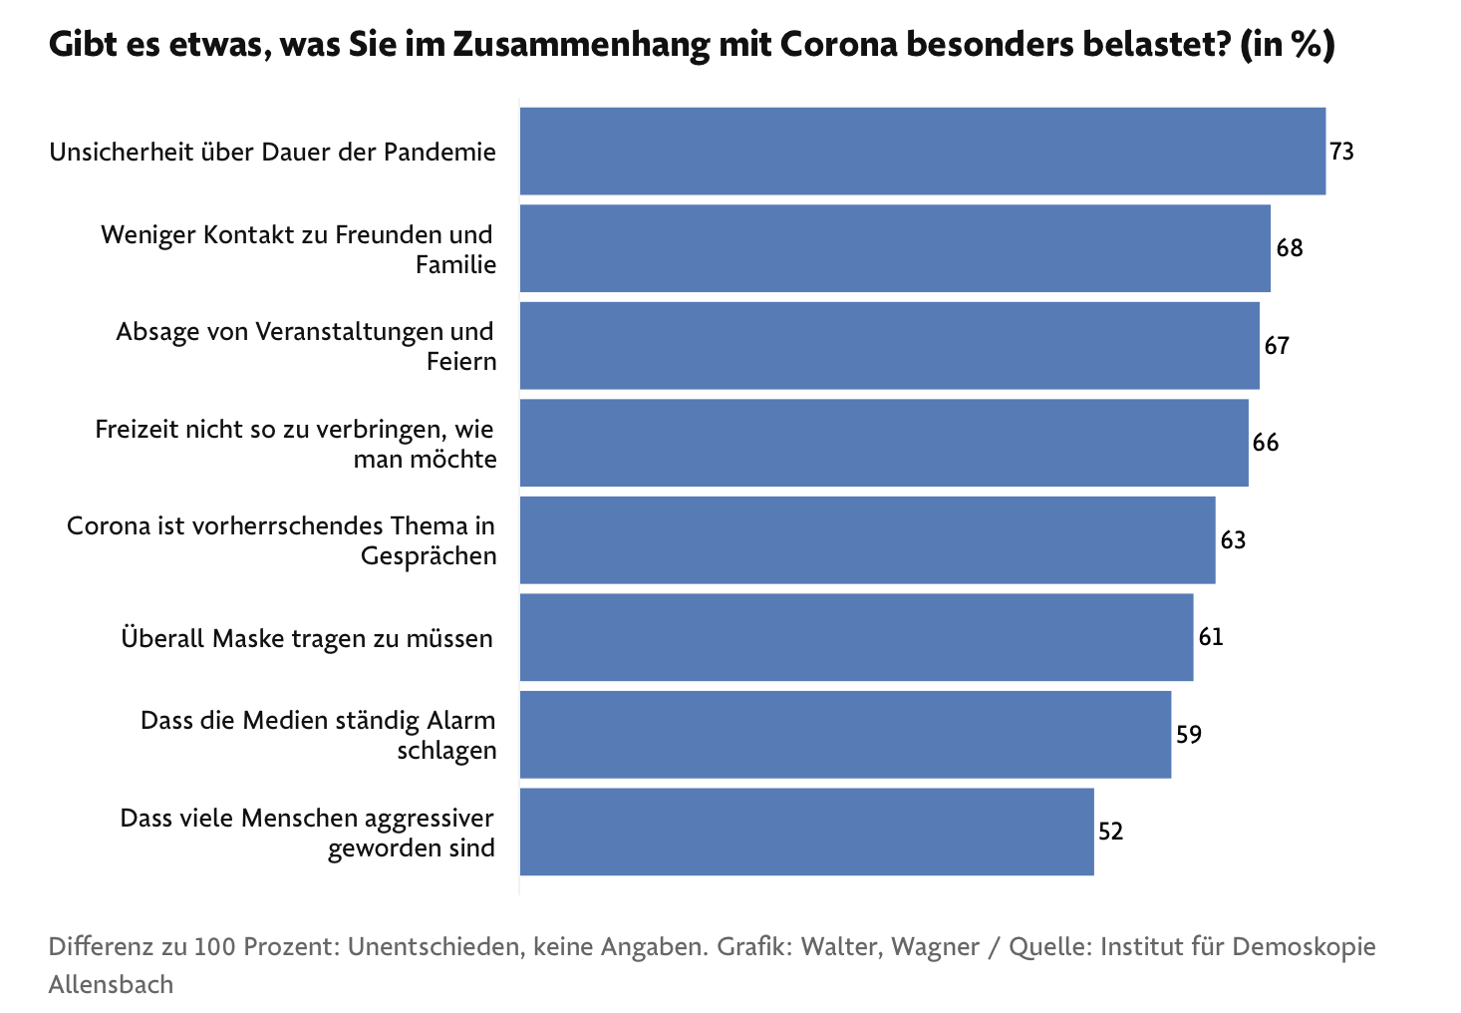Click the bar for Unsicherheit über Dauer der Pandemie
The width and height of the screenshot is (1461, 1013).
922,151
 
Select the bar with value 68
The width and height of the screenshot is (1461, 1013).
894,248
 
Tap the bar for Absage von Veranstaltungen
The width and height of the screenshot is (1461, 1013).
889,345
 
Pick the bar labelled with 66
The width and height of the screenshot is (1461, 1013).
883,443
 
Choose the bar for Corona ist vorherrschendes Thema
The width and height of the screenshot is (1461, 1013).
867,539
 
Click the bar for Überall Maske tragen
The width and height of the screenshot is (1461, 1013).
856,637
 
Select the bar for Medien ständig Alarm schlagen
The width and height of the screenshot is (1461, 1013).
845,734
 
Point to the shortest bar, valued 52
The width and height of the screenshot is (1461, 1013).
806,832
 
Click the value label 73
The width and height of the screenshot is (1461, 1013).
1341,152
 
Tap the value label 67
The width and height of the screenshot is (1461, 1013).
1277,346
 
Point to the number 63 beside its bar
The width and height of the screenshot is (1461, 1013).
1233,540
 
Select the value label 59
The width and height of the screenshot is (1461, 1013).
1189,735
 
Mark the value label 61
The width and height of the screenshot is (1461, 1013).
1211,637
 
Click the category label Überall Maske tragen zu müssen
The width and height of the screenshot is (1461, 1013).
307,638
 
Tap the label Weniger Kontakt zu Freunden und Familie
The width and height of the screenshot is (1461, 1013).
298,249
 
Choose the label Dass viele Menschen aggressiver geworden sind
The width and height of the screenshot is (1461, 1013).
308,833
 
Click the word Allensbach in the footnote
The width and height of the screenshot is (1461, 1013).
111,984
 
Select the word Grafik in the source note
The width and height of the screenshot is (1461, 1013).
754,946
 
